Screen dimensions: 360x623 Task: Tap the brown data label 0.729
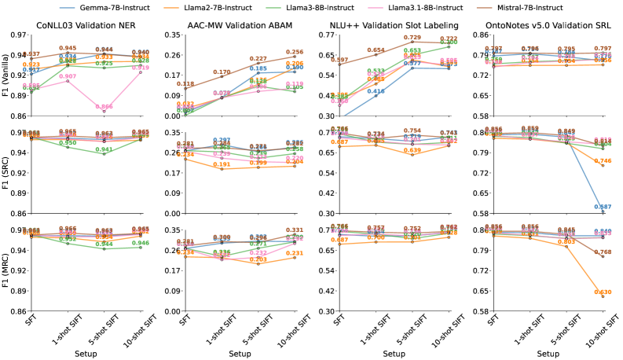(x=412, y=37)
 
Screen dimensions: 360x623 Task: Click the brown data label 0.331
(x=294, y=230)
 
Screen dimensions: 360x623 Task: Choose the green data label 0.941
(x=104, y=149)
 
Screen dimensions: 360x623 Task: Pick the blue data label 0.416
(x=376, y=91)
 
